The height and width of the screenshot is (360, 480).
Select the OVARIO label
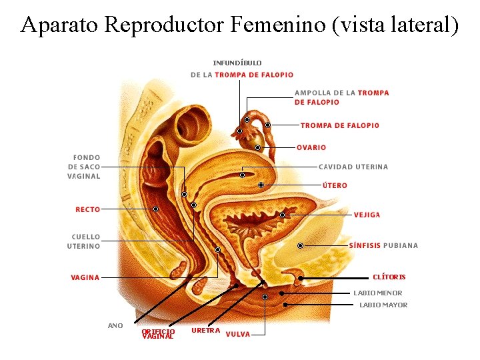coord(311,147)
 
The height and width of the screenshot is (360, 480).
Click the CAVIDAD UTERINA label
coord(353,167)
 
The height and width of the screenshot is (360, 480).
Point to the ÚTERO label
coord(335,185)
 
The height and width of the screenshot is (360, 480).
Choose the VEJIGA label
coord(367,215)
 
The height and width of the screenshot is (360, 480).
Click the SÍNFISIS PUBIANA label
coord(383,245)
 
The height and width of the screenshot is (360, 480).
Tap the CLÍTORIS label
coord(389,277)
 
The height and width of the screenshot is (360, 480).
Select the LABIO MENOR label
coord(377,293)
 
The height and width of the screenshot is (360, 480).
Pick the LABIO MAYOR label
coord(383,305)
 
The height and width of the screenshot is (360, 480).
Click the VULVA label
coord(238,334)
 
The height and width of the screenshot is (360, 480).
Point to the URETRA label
coord(205,330)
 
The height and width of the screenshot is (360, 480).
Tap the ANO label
coord(115,325)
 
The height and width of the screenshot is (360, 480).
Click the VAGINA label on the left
coord(85,277)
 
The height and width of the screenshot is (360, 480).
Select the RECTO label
coord(88,209)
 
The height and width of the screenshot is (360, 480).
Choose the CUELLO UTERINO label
coord(86,241)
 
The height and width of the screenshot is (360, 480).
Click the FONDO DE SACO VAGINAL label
coord(84,167)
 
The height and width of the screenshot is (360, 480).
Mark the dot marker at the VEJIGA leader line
coord(282,215)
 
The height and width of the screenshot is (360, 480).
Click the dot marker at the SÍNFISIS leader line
coord(300,245)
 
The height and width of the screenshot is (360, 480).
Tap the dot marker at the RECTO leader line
coord(155,209)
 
